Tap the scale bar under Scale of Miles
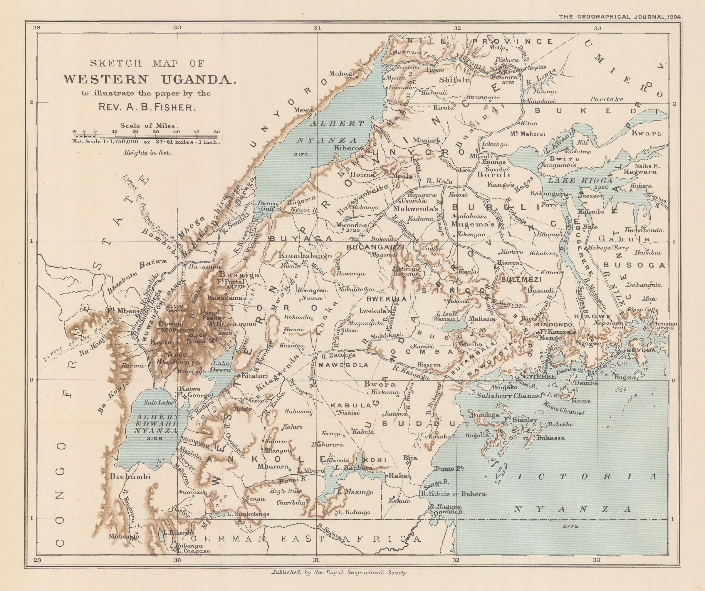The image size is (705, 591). (x=146, y=136)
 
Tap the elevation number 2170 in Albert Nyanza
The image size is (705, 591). (x=301, y=155)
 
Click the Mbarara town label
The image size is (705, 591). (x=273, y=466)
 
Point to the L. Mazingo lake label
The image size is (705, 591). (x=355, y=492)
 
